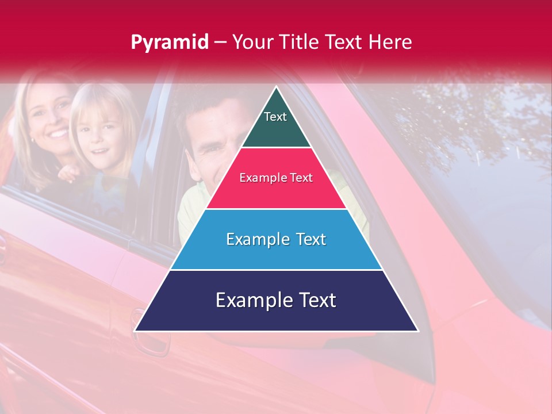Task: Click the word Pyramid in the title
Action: (169, 43)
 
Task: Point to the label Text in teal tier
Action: (275, 117)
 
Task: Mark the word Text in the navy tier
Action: (315, 300)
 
